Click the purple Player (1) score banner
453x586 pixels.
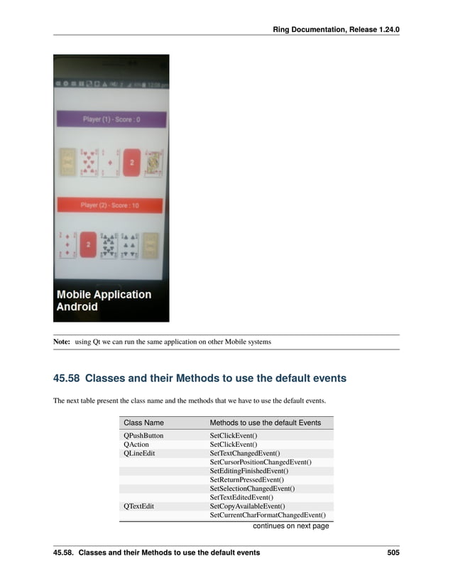coord(111,119)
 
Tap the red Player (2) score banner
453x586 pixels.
coord(110,205)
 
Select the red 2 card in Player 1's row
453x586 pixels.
coord(131,163)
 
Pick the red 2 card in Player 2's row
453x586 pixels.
coord(88,245)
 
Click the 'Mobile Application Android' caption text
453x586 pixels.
coord(104,300)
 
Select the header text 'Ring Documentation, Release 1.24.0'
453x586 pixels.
coord(336,30)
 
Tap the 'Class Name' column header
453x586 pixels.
coord(143,423)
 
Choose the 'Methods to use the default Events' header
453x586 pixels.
coord(265,423)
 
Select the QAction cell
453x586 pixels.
coord(136,445)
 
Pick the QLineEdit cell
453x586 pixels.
coord(139,453)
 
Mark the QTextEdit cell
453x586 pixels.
coord(138,506)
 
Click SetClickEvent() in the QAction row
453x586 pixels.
coord(234,445)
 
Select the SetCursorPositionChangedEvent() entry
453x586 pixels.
coord(261,462)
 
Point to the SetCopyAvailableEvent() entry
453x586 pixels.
coord(247,506)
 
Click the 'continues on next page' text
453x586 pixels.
coord(290,526)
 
